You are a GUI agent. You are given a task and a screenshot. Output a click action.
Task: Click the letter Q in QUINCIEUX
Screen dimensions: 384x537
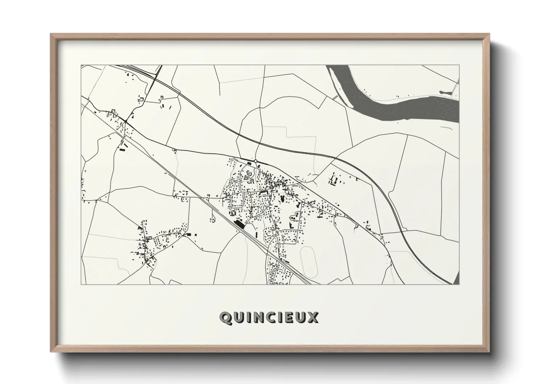[x=225, y=318]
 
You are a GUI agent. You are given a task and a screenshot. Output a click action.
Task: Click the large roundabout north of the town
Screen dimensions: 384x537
[x=256, y=161]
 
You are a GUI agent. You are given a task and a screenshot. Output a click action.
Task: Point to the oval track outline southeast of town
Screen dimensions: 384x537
[x=309, y=260]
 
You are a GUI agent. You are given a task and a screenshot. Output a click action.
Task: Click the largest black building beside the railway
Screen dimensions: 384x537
[x=239, y=224]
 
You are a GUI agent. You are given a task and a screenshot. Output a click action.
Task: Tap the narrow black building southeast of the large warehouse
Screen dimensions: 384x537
[x=256, y=234]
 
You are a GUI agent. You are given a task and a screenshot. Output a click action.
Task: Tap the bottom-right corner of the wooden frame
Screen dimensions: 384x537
[x=489, y=351]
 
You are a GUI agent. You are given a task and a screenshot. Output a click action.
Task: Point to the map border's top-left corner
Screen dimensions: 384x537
[x=81, y=65]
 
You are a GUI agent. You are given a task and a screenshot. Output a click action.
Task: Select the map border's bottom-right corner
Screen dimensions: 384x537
[x=459, y=284]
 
